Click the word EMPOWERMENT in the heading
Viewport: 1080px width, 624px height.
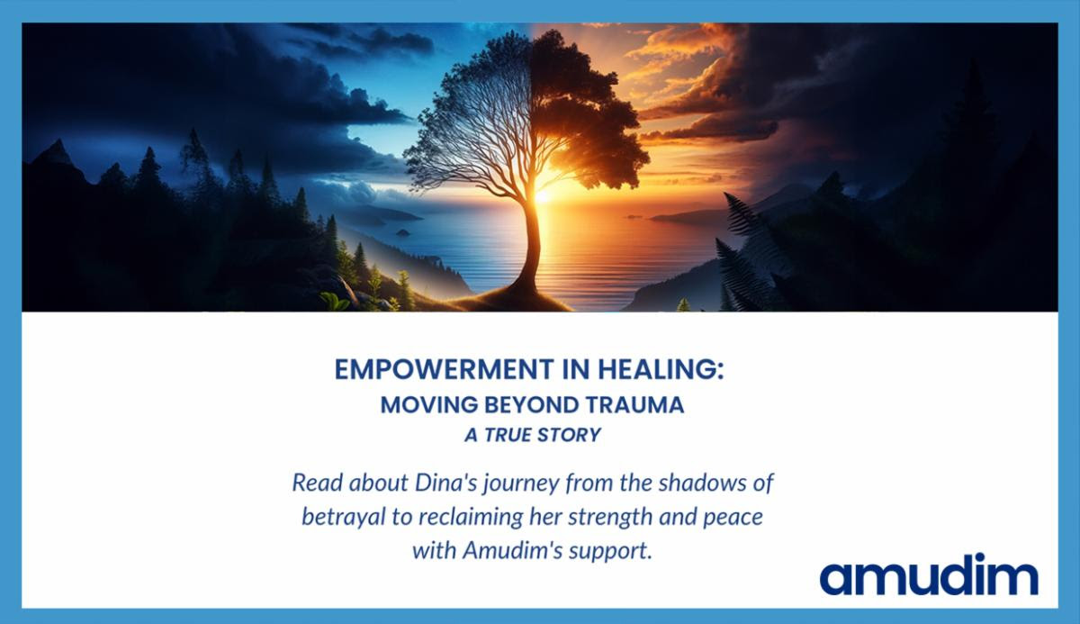click(444, 370)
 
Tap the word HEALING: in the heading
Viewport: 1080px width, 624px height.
click(661, 370)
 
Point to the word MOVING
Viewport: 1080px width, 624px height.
click(429, 405)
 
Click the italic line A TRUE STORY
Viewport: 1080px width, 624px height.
click(533, 435)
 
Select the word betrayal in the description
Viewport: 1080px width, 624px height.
click(344, 517)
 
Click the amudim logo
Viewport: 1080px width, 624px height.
click(929, 574)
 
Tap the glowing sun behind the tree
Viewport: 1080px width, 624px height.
click(544, 194)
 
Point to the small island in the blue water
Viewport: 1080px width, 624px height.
click(402, 232)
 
